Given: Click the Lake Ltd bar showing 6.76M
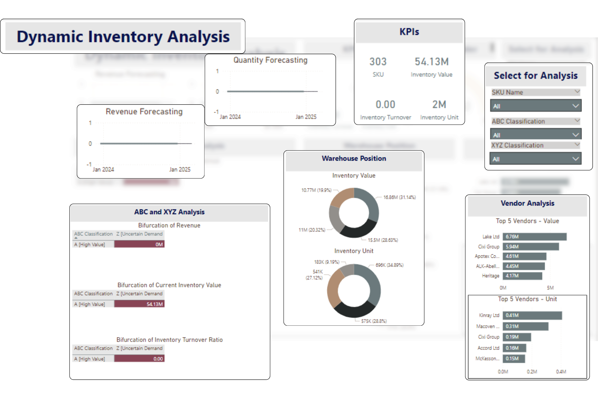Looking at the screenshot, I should [x=534, y=237].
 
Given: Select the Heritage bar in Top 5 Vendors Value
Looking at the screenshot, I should [x=522, y=276].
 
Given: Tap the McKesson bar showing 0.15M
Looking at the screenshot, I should [x=514, y=359].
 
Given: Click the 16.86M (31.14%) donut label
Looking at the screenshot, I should [x=399, y=197].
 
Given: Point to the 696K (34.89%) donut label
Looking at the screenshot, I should [x=390, y=265].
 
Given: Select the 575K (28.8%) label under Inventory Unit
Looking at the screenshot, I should [x=374, y=321].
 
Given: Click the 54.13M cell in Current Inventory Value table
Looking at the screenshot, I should [x=139, y=304].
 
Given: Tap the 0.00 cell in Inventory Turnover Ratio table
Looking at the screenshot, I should [x=139, y=359].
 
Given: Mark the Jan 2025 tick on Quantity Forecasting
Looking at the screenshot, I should [x=306, y=117].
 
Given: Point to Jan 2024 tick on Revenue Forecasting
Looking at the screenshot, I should [x=103, y=169].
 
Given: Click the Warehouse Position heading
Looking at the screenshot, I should [x=354, y=158].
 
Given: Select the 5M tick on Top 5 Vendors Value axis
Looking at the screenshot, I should [x=550, y=288].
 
